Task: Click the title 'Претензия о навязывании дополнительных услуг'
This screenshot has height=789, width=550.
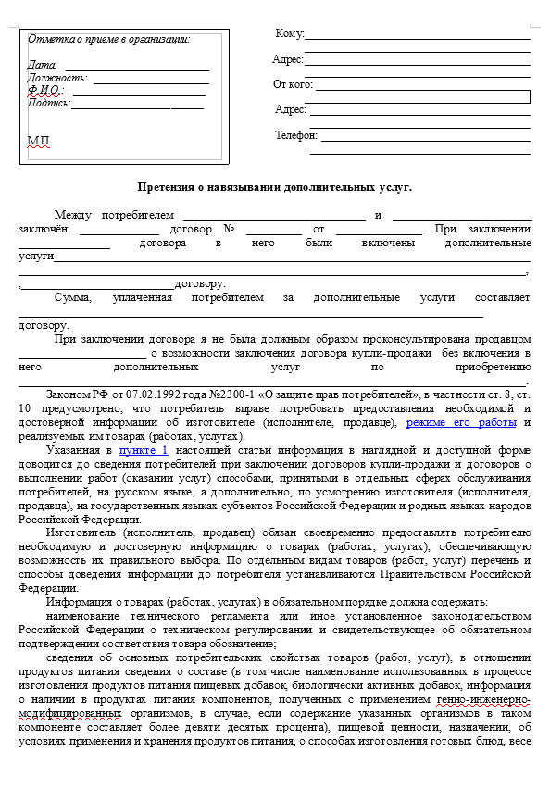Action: [x=274, y=187]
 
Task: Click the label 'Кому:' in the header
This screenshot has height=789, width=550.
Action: [x=290, y=34]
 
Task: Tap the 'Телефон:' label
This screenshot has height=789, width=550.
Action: [x=296, y=135]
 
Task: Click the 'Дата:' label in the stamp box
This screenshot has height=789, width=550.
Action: [x=43, y=66]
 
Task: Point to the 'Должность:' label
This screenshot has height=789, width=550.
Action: [x=57, y=79]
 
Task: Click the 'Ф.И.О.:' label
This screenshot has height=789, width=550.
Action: [x=45, y=91]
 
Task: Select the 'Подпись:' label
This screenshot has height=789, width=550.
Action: [x=49, y=103]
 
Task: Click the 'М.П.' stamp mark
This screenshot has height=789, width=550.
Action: [x=40, y=141]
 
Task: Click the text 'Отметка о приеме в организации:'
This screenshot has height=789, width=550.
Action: [x=108, y=40]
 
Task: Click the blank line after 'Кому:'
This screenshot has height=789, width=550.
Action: [x=418, y=38]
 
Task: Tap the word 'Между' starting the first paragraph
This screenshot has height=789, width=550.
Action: [x=74, y=215]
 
